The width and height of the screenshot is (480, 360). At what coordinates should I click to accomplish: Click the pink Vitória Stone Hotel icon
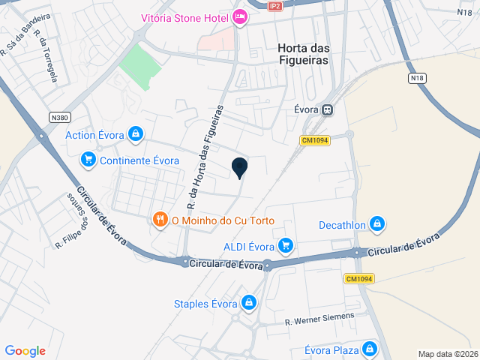click(x=239, y=16)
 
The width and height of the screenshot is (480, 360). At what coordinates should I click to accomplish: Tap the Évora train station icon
click(x=327, y=110)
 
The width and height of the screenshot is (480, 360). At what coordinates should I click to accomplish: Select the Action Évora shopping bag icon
click(x=135, y=135)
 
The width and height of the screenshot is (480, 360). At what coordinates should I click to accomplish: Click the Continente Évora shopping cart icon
click(x=88, y=160)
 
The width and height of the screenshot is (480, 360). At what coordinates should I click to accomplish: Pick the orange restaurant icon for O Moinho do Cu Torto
click(x=160, y=220)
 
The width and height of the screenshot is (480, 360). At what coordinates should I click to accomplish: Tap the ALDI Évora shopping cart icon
click(x=285, y=245)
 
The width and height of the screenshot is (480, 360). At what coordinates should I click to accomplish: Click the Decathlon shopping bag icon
click(x=377, y=223)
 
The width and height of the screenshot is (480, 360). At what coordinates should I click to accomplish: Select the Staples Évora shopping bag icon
click(x=249, y=303)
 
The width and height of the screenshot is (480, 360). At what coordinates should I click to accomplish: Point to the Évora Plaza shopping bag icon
click(x=369, y=349)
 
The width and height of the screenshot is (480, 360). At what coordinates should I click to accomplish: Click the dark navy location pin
click(x=239, y=168)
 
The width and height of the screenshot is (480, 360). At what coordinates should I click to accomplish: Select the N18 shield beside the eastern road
click(x=418, y=78)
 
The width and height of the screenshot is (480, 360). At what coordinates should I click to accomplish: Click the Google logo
click(x=25, y=351)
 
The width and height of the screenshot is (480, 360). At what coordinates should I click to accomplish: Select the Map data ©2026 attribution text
click(x=447, y=354)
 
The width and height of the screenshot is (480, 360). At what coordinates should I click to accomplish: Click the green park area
click(x=139, y=67)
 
